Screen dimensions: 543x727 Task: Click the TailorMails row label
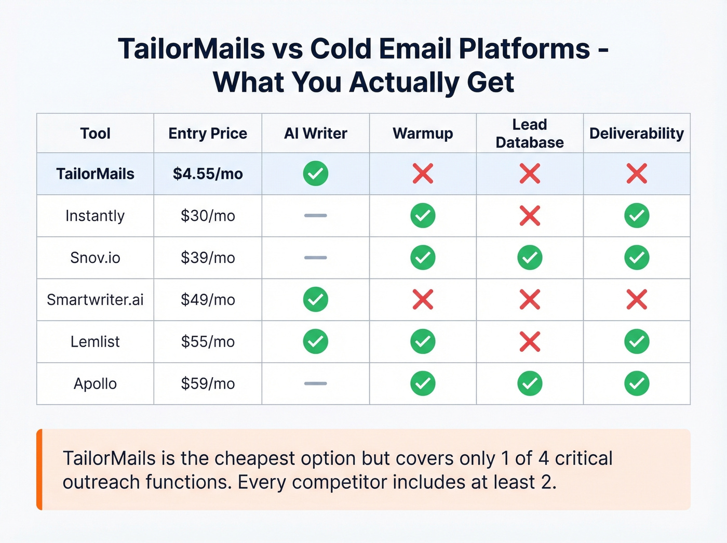(95, 174)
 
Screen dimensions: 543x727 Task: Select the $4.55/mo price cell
(208, 174)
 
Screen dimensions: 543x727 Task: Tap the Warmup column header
(423, 134)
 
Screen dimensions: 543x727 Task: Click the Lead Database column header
(530, 134)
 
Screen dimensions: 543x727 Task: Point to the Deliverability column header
(637, 134)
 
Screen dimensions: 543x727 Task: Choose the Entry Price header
(208, 134)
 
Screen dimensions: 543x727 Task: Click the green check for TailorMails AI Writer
(316, 174)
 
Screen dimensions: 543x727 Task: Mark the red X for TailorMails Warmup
(423, 174)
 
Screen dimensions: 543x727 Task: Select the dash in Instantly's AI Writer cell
(316, 216)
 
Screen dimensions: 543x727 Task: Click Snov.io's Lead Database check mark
(530, 258)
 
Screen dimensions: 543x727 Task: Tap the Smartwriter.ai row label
(95, 300)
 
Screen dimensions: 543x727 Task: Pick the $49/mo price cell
(208, 300)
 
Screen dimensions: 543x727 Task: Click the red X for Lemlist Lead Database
(530, 342)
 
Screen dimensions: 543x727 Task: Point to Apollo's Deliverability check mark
(637, 383)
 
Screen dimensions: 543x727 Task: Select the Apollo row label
(95, 384)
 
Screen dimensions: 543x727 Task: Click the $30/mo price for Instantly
(208, 216)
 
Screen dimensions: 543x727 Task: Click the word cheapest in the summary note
(256, 458)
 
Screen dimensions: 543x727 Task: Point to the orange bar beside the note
(39, 469)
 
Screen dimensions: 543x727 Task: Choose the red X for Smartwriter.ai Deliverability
(637, 300)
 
